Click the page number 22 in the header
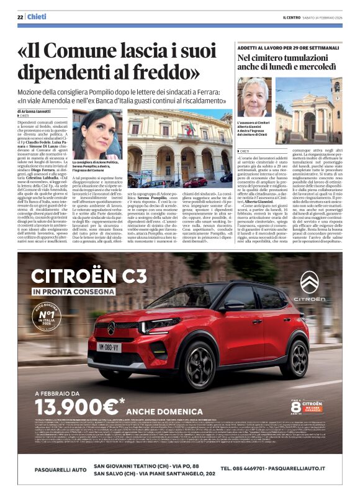pyautogui.click(x=20, y=17)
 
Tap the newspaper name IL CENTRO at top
pyautogui.click(x=292, y=17)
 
